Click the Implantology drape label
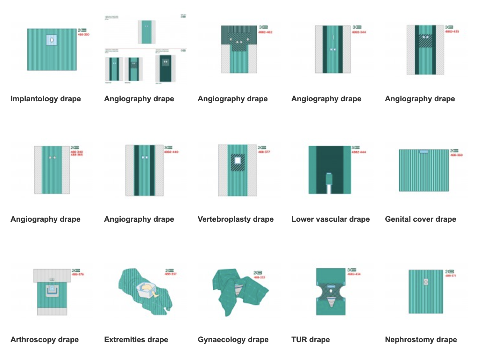click(x=46, y=99)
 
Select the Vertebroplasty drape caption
click(x=235, y=219)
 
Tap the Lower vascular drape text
click(x=330, y=219)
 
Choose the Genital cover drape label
click(x=420, y=219)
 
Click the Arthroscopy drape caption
click(x=45, y=340)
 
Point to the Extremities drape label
click(x=136, y=340)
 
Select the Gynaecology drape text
click(x=233, y=340)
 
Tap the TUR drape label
click(x=310, y=340)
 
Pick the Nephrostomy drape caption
click(x=421, y=340)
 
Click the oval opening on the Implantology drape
click(x=52, y=40)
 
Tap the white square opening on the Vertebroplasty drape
click(x=238, y=160)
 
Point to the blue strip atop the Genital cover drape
click(x=424, y=152)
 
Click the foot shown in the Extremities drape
click(x=156, y=295)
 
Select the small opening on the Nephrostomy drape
click(x=426, y=282)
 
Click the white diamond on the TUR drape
click(x=331, y=291)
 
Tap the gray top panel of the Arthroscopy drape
click(x=52, y=275)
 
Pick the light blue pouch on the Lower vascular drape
click(x=329, y=178)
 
